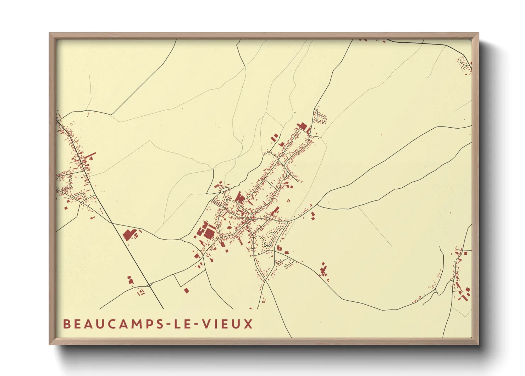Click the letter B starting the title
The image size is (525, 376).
pos(66,324)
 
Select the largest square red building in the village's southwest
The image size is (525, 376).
pos(209,233)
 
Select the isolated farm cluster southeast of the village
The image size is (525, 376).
pos(323,270)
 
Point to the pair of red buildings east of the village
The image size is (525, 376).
pos(313,215)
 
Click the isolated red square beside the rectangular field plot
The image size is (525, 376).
pos(186,290)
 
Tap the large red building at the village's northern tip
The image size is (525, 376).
pos(303,126)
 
